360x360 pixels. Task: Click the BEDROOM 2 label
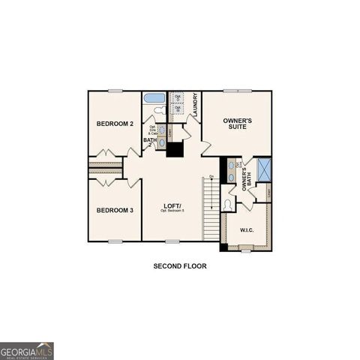115,123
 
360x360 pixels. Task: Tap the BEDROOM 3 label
115,210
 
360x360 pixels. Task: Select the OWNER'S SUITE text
237,124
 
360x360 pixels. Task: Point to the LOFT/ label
173,205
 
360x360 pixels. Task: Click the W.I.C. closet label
247,229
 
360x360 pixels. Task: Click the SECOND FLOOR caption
180,265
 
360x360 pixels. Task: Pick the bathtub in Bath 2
154,98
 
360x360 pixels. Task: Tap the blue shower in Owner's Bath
263,169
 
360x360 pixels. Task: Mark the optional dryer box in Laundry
177,97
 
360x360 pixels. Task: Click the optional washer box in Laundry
177,109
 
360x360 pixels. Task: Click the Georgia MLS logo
27,351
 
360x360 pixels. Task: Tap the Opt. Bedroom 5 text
173,211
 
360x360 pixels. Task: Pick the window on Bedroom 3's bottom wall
115,241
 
